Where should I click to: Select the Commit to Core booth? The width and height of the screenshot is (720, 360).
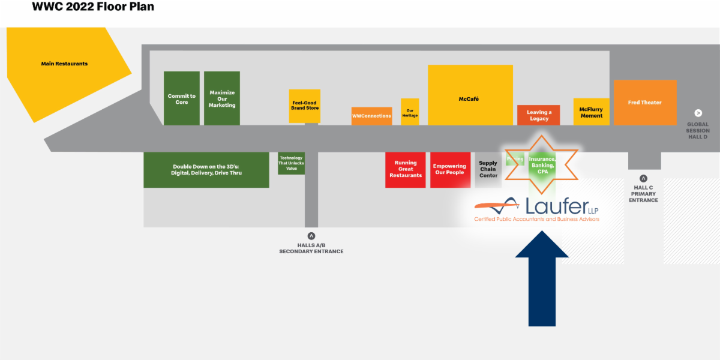pyautogui.click(x=182, y=98)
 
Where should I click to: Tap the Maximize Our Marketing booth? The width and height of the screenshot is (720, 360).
pyautogui.click(x=222, y=98)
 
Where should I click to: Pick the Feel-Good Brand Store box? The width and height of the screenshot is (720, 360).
pyautogui.click(x=305, y=106)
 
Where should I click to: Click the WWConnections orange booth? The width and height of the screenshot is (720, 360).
pyautogui.click(x=371, y=116)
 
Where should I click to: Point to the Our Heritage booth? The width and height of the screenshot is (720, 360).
pyautogui.click(x=410, y=112)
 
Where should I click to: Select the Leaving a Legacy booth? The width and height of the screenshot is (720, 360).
pyautogui.click(x=539, y=115)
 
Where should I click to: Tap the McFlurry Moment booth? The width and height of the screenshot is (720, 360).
pyautogui.click(x=591, y=112)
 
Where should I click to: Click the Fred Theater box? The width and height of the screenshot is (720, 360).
pyautogui.click(x=645, y=103)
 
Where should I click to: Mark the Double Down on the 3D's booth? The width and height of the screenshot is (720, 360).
pyautogui.click(x=206, y=170)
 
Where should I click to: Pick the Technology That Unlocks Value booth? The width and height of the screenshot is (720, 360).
pyautogui.click(x=291, y=163)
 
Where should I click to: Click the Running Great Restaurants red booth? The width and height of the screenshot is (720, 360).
pyautogui.click(x=406, y=170)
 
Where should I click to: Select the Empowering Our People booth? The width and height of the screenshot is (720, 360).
pyautogui.click(x=449, y=170)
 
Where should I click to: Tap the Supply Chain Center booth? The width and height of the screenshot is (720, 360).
pyautogui.click(x=488, y=170)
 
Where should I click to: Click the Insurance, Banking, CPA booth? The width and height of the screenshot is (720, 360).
pyautogui.click(x=542, y=166)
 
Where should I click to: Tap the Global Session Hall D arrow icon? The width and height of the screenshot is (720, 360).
pyautogui.click(x=698, y=113)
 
